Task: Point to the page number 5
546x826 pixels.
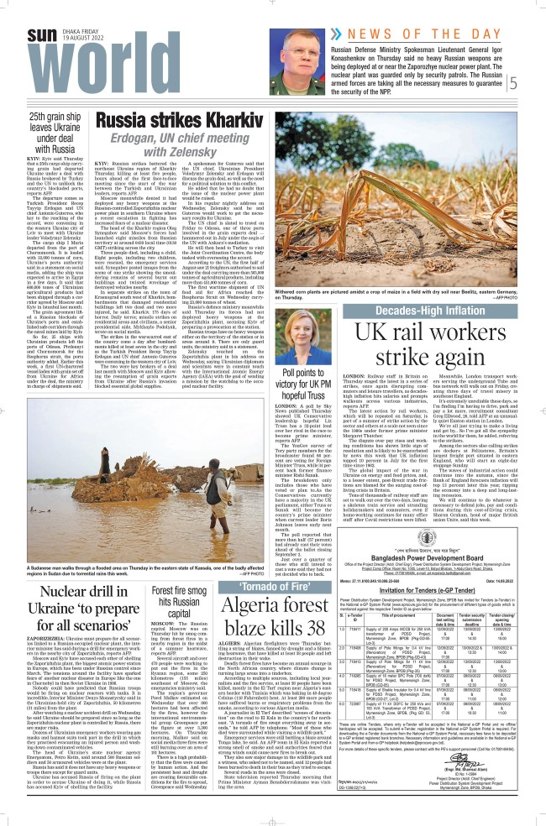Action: [536, 82]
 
